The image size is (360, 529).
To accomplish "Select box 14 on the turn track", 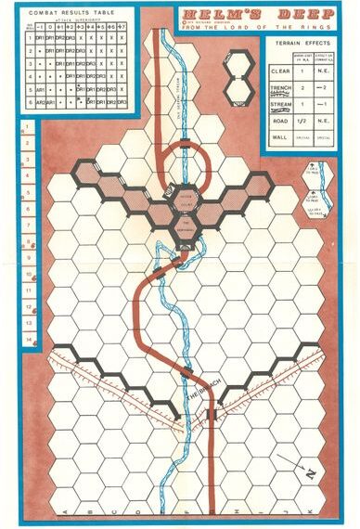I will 30,340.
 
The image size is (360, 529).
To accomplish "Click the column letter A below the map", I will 63,512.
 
